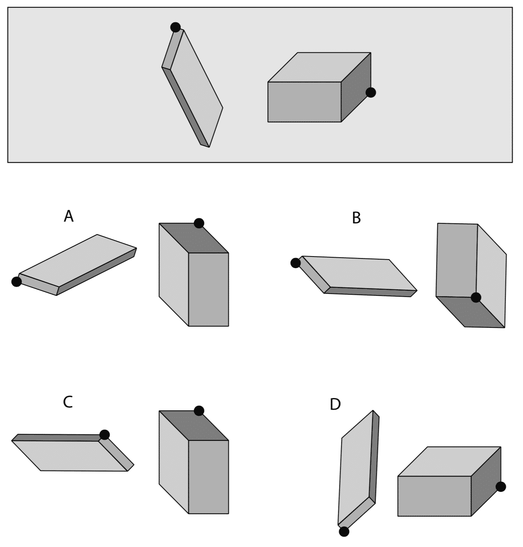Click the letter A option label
tap(68, 216)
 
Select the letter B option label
tap(356, 218)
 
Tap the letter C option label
tap(67, 402)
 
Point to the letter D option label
tap(335, 404)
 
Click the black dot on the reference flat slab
tap(175, 27)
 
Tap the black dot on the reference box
tap(371, 93)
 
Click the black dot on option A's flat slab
tap(17, 282)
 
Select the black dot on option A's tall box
tap(199, 223)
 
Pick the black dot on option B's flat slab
tap(295, 263)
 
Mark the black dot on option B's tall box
tap(476, 297)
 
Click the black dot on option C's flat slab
tap(105, 435)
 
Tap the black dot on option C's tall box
tap(199, 411)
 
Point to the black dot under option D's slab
tap(344, 532)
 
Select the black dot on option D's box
tap(501, 487)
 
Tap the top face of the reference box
tap(319, 68)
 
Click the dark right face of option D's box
tap(485, 482)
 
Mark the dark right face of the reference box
tap(356, 88)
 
